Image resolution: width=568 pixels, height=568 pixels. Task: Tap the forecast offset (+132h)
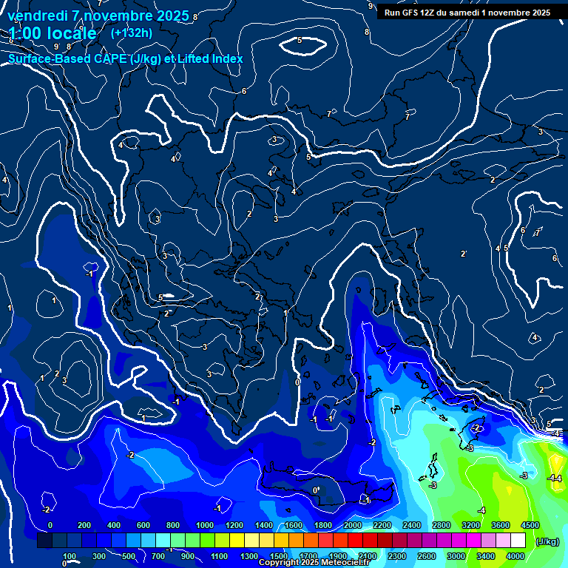(x=131, y=33)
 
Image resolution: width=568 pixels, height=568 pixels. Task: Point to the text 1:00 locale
(x=53, y=33)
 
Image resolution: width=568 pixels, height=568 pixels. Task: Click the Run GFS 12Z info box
(x=467, y=13)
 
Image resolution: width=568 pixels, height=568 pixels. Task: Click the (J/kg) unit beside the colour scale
(x=546, y=541)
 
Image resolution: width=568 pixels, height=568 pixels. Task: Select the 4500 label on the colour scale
(x=530, y=524)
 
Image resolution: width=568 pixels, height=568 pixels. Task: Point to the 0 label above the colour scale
(x=50, y=524)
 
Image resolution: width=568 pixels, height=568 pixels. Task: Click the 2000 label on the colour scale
(x=352, y=524)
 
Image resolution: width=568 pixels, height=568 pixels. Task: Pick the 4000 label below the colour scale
(x=515, y=556)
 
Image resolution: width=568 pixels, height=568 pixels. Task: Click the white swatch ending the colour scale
(x=518, y=541)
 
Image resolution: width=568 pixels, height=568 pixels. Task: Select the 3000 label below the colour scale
(x=456, y=556)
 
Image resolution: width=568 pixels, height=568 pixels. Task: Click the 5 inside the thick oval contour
(x=300, y=40)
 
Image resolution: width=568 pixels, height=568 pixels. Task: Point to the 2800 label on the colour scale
(x=441, y=524)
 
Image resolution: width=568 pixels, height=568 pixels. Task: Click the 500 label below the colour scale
(x=129, y=556)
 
